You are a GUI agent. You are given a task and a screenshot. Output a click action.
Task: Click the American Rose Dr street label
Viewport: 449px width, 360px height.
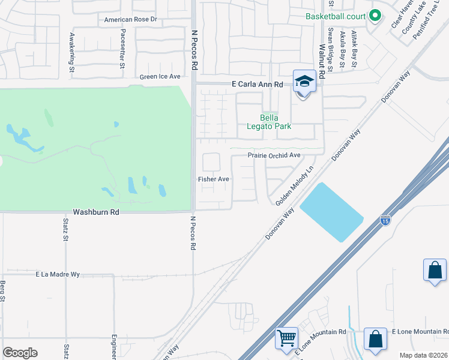(x=130, y=19)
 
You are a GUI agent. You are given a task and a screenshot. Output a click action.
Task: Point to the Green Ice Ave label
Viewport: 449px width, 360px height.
(x=160, y=77)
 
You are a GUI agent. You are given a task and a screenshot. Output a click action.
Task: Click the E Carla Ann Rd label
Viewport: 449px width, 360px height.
(x=257, y=85)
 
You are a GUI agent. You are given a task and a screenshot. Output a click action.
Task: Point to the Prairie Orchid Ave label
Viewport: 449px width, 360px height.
(x=274, y=155)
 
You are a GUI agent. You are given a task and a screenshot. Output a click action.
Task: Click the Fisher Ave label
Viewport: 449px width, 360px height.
(x=214, y=179)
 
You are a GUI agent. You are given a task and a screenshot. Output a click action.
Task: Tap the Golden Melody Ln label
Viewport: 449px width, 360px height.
(x=295, y=187)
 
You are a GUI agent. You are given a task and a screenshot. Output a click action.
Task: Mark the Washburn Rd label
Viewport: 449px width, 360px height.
(x=96, y=212)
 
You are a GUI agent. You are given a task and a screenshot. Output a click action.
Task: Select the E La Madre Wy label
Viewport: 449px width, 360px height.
(x=58, y=274)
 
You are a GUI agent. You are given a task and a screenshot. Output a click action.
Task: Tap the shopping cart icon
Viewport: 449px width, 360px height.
(x=286, y=337)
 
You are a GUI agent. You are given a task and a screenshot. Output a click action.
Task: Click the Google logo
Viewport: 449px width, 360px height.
(x=20, y=353)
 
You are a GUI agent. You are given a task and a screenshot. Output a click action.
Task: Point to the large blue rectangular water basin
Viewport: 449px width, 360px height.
(x=331, y=212)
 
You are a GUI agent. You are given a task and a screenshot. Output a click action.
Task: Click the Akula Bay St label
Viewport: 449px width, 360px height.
(x=343, y=49)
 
